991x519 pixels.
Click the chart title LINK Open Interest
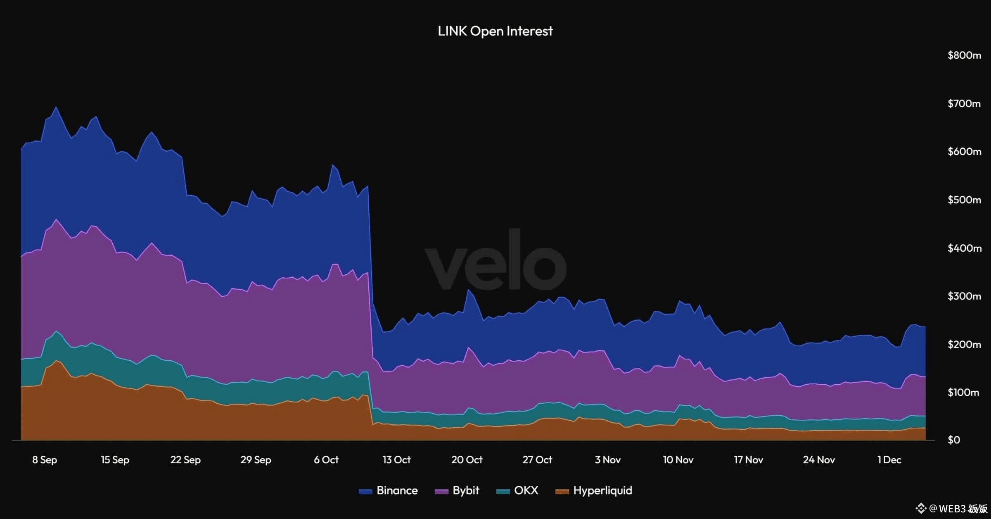click(x=495, y=31)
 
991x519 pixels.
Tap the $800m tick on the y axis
click(x=964, y=55)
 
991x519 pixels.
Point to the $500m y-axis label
click(x=964, y=200)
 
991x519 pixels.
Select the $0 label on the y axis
click(x=954, y=440)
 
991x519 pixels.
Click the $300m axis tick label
click(x=964, y=296)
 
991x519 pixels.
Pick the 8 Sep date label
click(x=45, y=460)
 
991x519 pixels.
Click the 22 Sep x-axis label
click(x=185, y=460)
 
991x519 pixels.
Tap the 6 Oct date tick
click(x=326, y=460)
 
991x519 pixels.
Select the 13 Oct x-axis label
click(x=396, y=460)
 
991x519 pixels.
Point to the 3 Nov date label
click(x=607, y=460)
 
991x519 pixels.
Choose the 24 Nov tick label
click(x=819, y=460)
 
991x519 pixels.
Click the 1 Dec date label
click(x=889, y=460)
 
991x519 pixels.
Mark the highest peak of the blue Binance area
click(x=56, y=107)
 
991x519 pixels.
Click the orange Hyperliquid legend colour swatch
click(x=562, y=491)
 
